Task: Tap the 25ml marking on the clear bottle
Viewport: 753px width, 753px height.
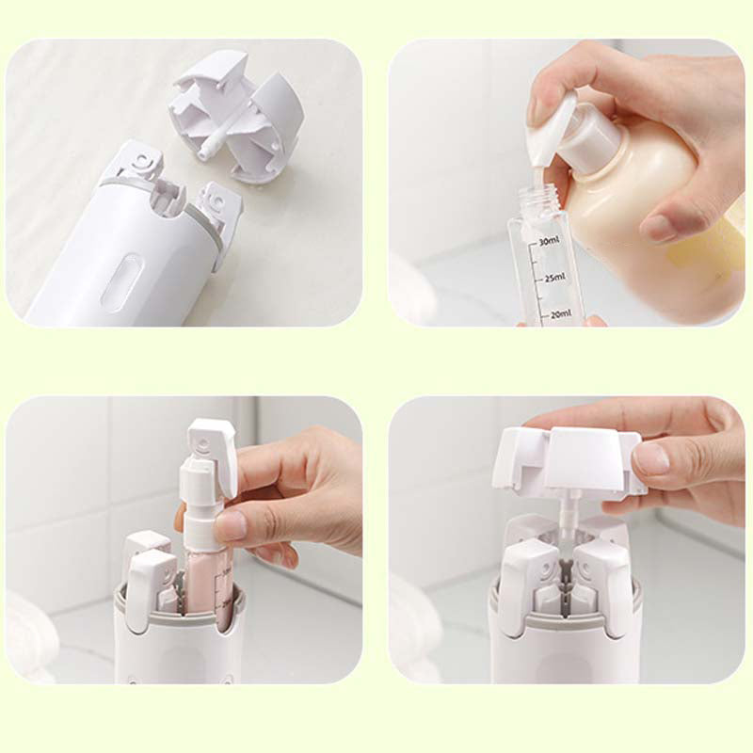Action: click(x=553, y=277)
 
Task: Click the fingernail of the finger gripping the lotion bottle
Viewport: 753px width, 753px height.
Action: click(x=660, y=228)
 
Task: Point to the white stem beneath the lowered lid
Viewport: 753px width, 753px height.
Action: click(x=569, y=518)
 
